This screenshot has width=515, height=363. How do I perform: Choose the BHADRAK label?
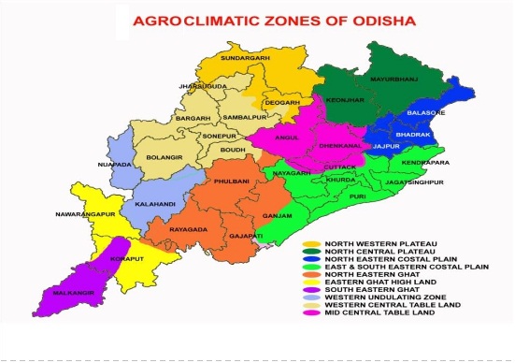tap(413, 135)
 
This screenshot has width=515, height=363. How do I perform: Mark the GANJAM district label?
tap(299, 214)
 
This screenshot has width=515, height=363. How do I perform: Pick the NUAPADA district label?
tap(114, 165)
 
